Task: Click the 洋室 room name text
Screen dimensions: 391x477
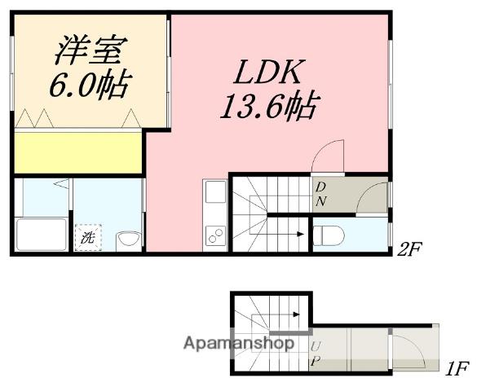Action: click(88, 51)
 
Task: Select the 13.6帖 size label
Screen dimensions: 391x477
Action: click(267, 106)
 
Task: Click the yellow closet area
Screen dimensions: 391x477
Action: click(77, 153)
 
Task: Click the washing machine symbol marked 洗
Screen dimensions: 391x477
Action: click(88, 239)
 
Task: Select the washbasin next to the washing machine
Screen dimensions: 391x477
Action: click(128, 239)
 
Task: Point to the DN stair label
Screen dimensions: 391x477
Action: click(320, 194)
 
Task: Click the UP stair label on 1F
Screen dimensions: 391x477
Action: click(316, 352)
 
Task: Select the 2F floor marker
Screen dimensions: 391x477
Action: click(410, 250)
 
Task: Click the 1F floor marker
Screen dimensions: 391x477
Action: click(457, 370)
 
